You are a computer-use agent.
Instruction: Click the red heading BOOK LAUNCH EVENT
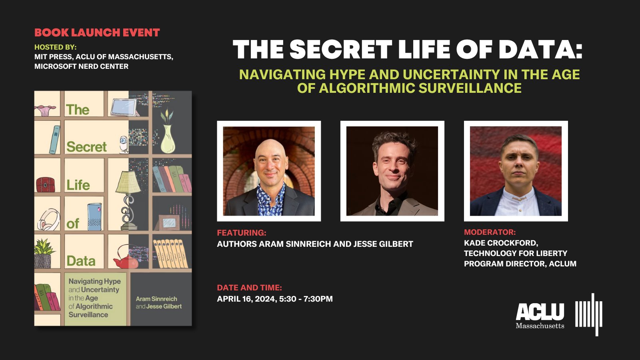click(x=97, y=33)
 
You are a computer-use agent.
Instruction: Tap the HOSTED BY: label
click(x=55, y=47)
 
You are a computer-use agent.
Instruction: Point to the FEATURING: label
click(x=242, y=233)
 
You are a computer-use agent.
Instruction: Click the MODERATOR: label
click(x=490, y=232)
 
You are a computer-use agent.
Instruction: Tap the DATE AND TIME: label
click(x=249, y=288)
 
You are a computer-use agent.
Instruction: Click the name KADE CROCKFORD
click(x=500, y=243)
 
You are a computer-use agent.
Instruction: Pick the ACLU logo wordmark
click(x=540, y=312)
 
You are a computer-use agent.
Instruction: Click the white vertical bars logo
click(x=589, y=314)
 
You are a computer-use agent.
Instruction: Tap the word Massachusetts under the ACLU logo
click(x=540, y=326)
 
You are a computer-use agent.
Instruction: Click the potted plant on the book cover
click(x=44, y=254)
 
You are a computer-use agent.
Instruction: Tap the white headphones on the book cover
click(x=48, y=220)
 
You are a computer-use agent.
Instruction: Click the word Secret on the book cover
click(x=86, y=147)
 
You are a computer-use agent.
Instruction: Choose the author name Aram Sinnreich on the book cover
click(x=156, y=299)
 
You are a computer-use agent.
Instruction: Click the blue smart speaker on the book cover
click(x=95, y=216)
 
